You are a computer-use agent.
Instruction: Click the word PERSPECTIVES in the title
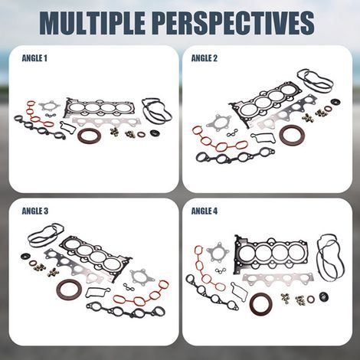point(234,22)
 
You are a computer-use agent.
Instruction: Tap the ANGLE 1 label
point(34,58)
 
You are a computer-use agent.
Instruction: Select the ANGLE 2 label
point(205,58)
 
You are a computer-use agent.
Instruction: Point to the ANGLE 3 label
point(35,211)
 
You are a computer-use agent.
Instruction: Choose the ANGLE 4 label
point(205,211)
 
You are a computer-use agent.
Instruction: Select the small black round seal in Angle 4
point(324,296)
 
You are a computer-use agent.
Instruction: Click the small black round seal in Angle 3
point(25,257)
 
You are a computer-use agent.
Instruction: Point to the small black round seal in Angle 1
point(154,133)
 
